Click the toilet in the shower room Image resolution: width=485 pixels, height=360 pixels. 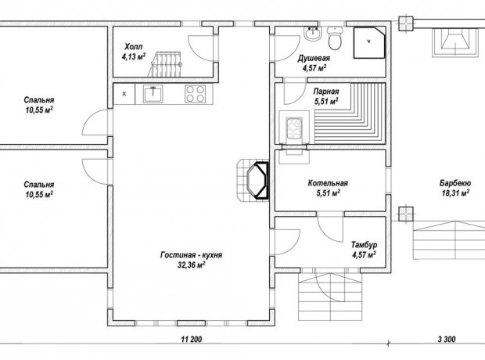(335, 38)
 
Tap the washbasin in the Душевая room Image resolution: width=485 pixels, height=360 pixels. (313, 34)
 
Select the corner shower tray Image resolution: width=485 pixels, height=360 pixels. (369, 42)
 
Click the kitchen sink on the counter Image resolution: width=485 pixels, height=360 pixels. (153, 93)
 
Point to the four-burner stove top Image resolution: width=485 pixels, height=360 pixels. (196, 93)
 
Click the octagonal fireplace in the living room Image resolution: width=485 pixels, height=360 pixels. (257, 180)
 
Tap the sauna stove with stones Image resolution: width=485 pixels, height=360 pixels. (294, 127)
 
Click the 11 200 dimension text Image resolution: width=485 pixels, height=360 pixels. (192, 339)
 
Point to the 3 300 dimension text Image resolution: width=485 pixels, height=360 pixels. (447, 339)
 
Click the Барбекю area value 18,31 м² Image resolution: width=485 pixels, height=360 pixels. (455, 193)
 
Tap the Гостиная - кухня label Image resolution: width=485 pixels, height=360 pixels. (191, 255)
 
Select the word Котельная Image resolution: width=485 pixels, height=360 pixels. (328, 183)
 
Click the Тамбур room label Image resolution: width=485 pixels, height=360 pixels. (364, 245)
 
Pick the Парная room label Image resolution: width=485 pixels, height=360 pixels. (326, 92)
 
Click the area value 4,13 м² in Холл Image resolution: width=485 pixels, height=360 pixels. (134, 56)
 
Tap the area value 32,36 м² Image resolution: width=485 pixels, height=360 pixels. (192, 265)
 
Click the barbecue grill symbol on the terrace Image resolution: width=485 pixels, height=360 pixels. (454, 42)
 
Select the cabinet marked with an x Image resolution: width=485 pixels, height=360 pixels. (124, 93)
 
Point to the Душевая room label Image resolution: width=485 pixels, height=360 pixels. (314, 58)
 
